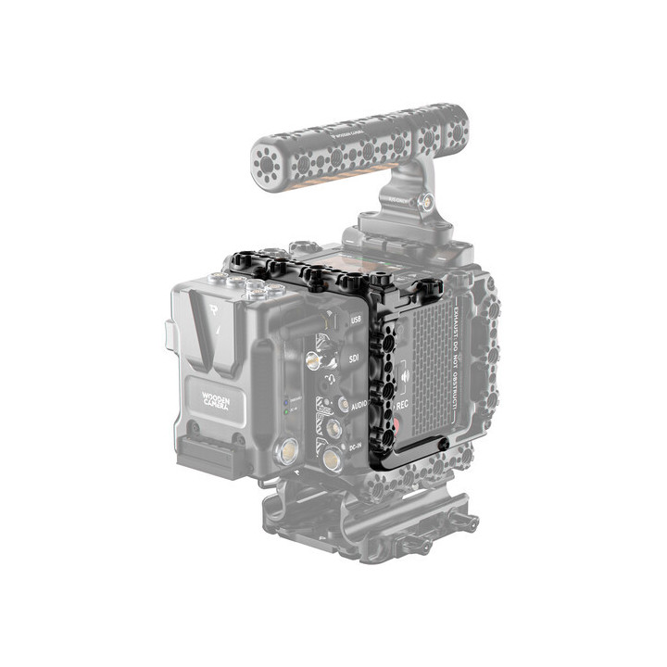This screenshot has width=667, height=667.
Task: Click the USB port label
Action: click(x=355, y=321)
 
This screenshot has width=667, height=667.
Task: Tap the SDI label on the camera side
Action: click(x=354, y=356)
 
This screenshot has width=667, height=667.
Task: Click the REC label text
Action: click(x=403, y=405)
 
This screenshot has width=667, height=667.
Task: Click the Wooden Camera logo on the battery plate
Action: click(x=217, y=400)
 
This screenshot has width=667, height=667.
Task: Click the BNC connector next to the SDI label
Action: click(x=319, y=357)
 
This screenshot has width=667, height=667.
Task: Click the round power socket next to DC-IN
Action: click(x=331, y=457)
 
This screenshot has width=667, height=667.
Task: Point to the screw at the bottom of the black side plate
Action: click(x=443, y=446)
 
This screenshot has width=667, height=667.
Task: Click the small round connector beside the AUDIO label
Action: click(x=344, y=405)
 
